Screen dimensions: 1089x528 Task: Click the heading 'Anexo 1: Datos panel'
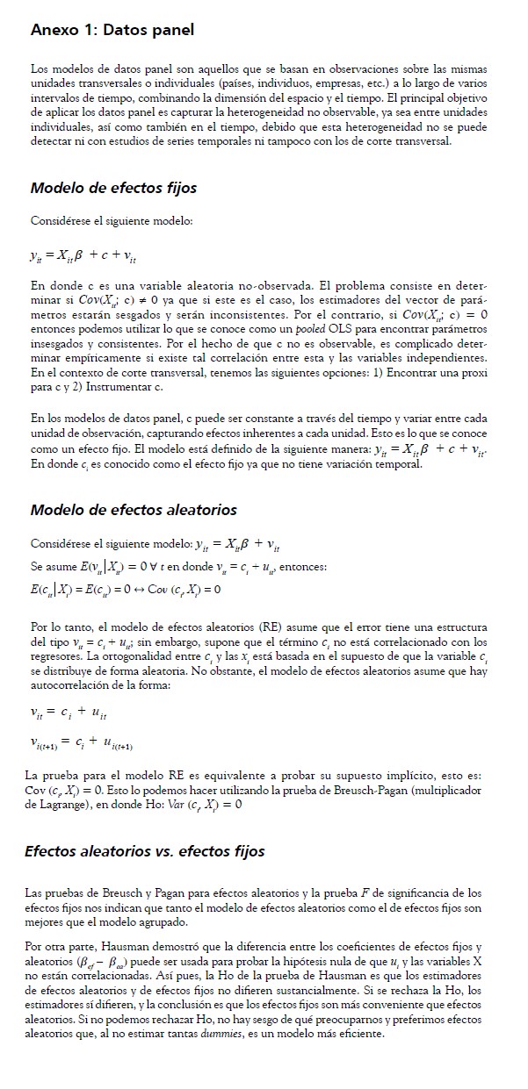tap(112, 31)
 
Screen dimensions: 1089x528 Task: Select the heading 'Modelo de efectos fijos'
tap(113, 188)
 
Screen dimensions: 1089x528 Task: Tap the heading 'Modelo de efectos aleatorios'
tap(133, 510)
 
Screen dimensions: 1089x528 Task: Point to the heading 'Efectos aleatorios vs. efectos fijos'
tap(145, 851)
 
